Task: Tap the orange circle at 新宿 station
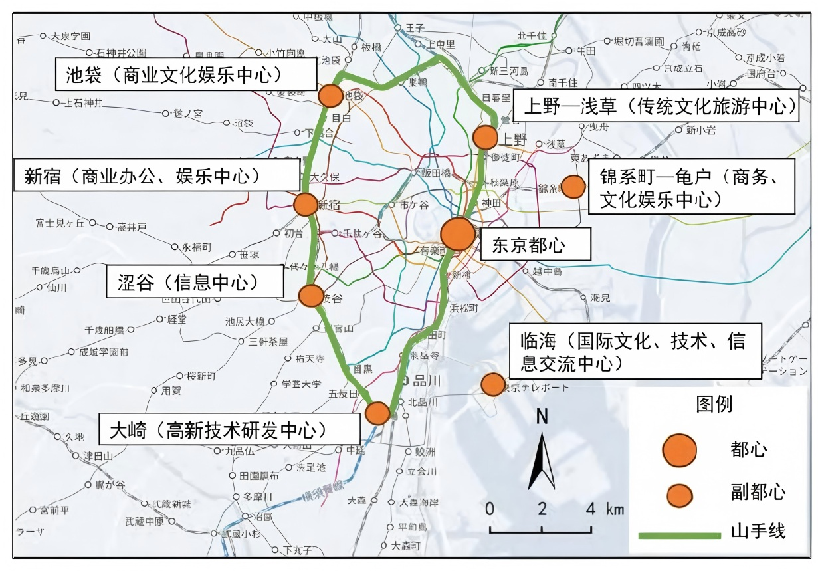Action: pos(306,204)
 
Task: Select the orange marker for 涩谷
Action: pos(311,296)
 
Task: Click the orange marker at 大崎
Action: pos(377,413)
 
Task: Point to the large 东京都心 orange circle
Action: pos(459,234)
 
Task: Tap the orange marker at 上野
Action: pos(484,138)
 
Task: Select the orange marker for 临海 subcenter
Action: pos(492,384)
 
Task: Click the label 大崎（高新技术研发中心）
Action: pos(229,430)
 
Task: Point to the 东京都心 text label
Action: pos(529,245)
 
